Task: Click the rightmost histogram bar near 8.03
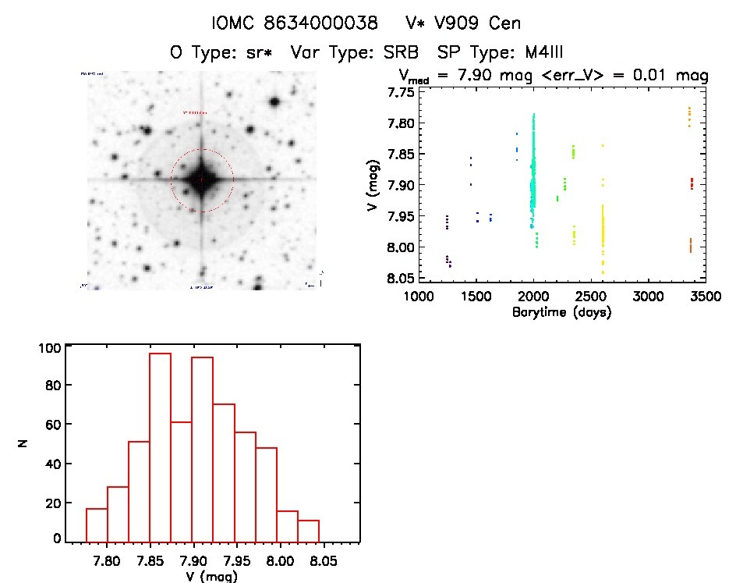(x=309, y=531)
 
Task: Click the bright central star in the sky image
(x=201, y=180)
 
